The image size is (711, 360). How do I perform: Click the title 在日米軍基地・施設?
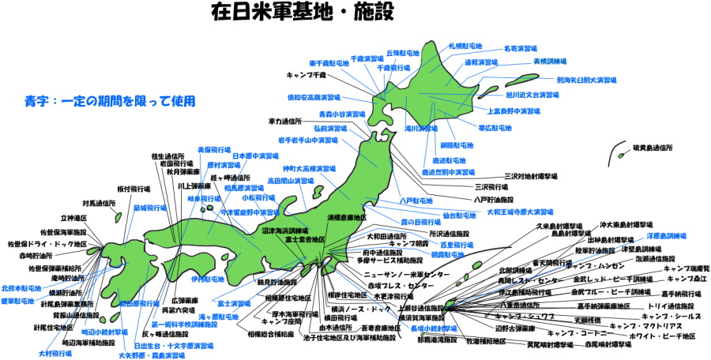point(302,13)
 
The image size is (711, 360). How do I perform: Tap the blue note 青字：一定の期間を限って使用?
point(110,101)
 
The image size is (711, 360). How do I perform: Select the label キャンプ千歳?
point(307,75)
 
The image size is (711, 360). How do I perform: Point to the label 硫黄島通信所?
point(653,148)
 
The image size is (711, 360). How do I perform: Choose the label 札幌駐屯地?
point(467,47)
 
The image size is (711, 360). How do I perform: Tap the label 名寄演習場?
point(521,48)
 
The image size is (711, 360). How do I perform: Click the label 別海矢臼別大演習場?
point(586,80)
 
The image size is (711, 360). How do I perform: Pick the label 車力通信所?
point(284,122)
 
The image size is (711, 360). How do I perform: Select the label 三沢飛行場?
point(491,187)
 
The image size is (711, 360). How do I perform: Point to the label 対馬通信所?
point(99,203)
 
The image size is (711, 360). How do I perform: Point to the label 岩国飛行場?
point(179,163)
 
